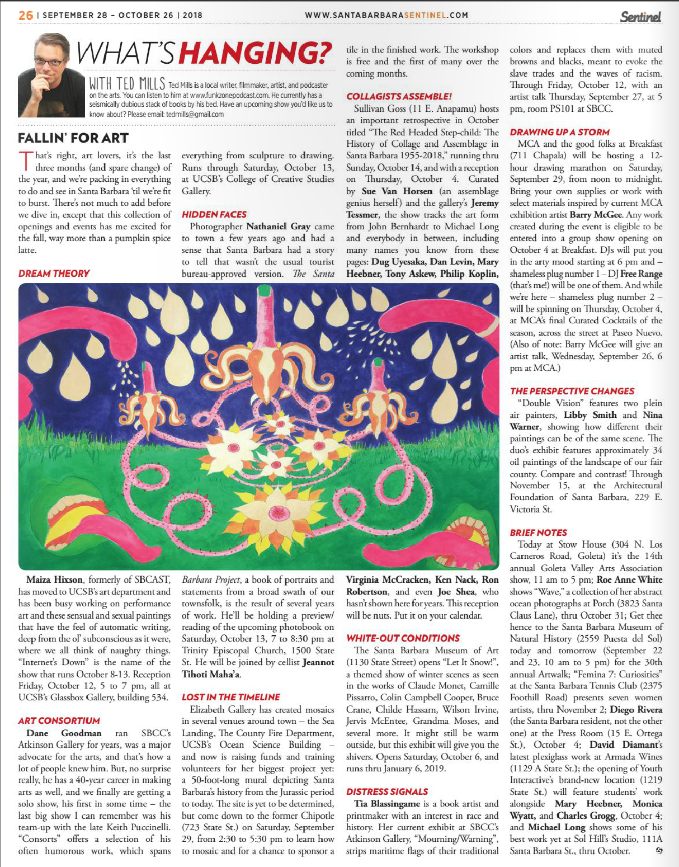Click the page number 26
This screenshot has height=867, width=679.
point(25,15)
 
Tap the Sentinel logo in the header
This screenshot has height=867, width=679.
point(640,16)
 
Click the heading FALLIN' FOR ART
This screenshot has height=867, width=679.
point(73,138)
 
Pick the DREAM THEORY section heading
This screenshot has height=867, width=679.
point(54,274)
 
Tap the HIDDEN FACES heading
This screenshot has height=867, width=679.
point(214,214)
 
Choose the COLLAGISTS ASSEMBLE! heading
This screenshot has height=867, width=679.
point(399,96)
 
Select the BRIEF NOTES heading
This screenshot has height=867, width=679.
point(539,533)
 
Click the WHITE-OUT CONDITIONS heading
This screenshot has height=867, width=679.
point(403,638)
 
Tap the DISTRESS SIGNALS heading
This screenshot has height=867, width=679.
point(387,791)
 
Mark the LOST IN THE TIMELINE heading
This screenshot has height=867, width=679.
point(231,697)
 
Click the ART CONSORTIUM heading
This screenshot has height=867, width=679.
point(59,720)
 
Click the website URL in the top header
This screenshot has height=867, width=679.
point(386,15)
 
